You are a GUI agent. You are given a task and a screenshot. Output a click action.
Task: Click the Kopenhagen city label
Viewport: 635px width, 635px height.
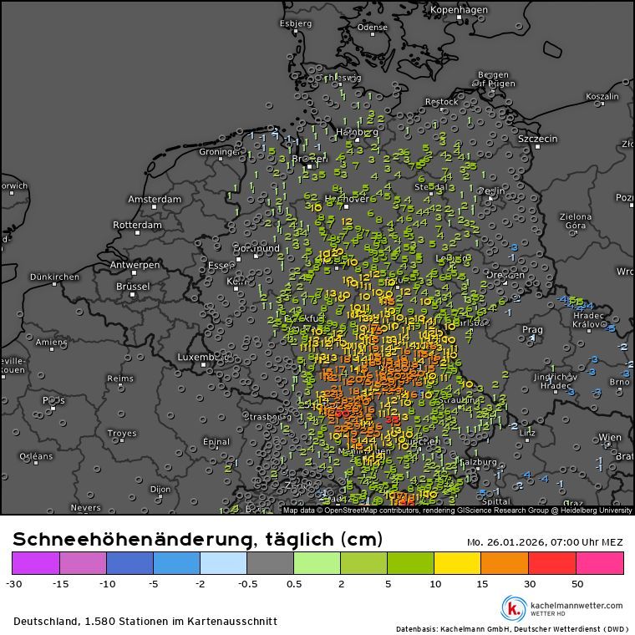[x=458, y=10]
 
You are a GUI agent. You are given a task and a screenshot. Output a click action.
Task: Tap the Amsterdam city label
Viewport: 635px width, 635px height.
[x=155, y=200]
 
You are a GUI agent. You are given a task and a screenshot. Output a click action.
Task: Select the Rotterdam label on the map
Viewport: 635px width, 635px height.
[x=137, y=226]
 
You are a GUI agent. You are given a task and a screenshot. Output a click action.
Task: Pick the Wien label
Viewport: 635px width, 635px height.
[x=610, y=438]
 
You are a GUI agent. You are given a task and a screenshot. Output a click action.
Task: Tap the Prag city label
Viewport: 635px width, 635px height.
[x=532, y=330]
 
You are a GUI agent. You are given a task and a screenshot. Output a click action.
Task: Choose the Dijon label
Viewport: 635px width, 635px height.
[x=160, y=490]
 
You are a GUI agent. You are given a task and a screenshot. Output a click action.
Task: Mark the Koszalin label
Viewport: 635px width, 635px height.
[x=602, y=97]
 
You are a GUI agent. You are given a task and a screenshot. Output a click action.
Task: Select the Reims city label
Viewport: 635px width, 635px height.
[x=120, y=378]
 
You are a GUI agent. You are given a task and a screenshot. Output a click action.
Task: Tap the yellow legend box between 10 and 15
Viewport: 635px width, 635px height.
[x=459, y=563]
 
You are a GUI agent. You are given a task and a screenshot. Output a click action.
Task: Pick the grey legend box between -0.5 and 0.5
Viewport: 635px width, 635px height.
[x=271, y=563]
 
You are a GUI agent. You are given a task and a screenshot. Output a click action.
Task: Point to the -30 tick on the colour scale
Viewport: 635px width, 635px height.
[x=13, y=583]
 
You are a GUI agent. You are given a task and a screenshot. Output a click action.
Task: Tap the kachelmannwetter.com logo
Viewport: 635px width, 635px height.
[x=561, y=607]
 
